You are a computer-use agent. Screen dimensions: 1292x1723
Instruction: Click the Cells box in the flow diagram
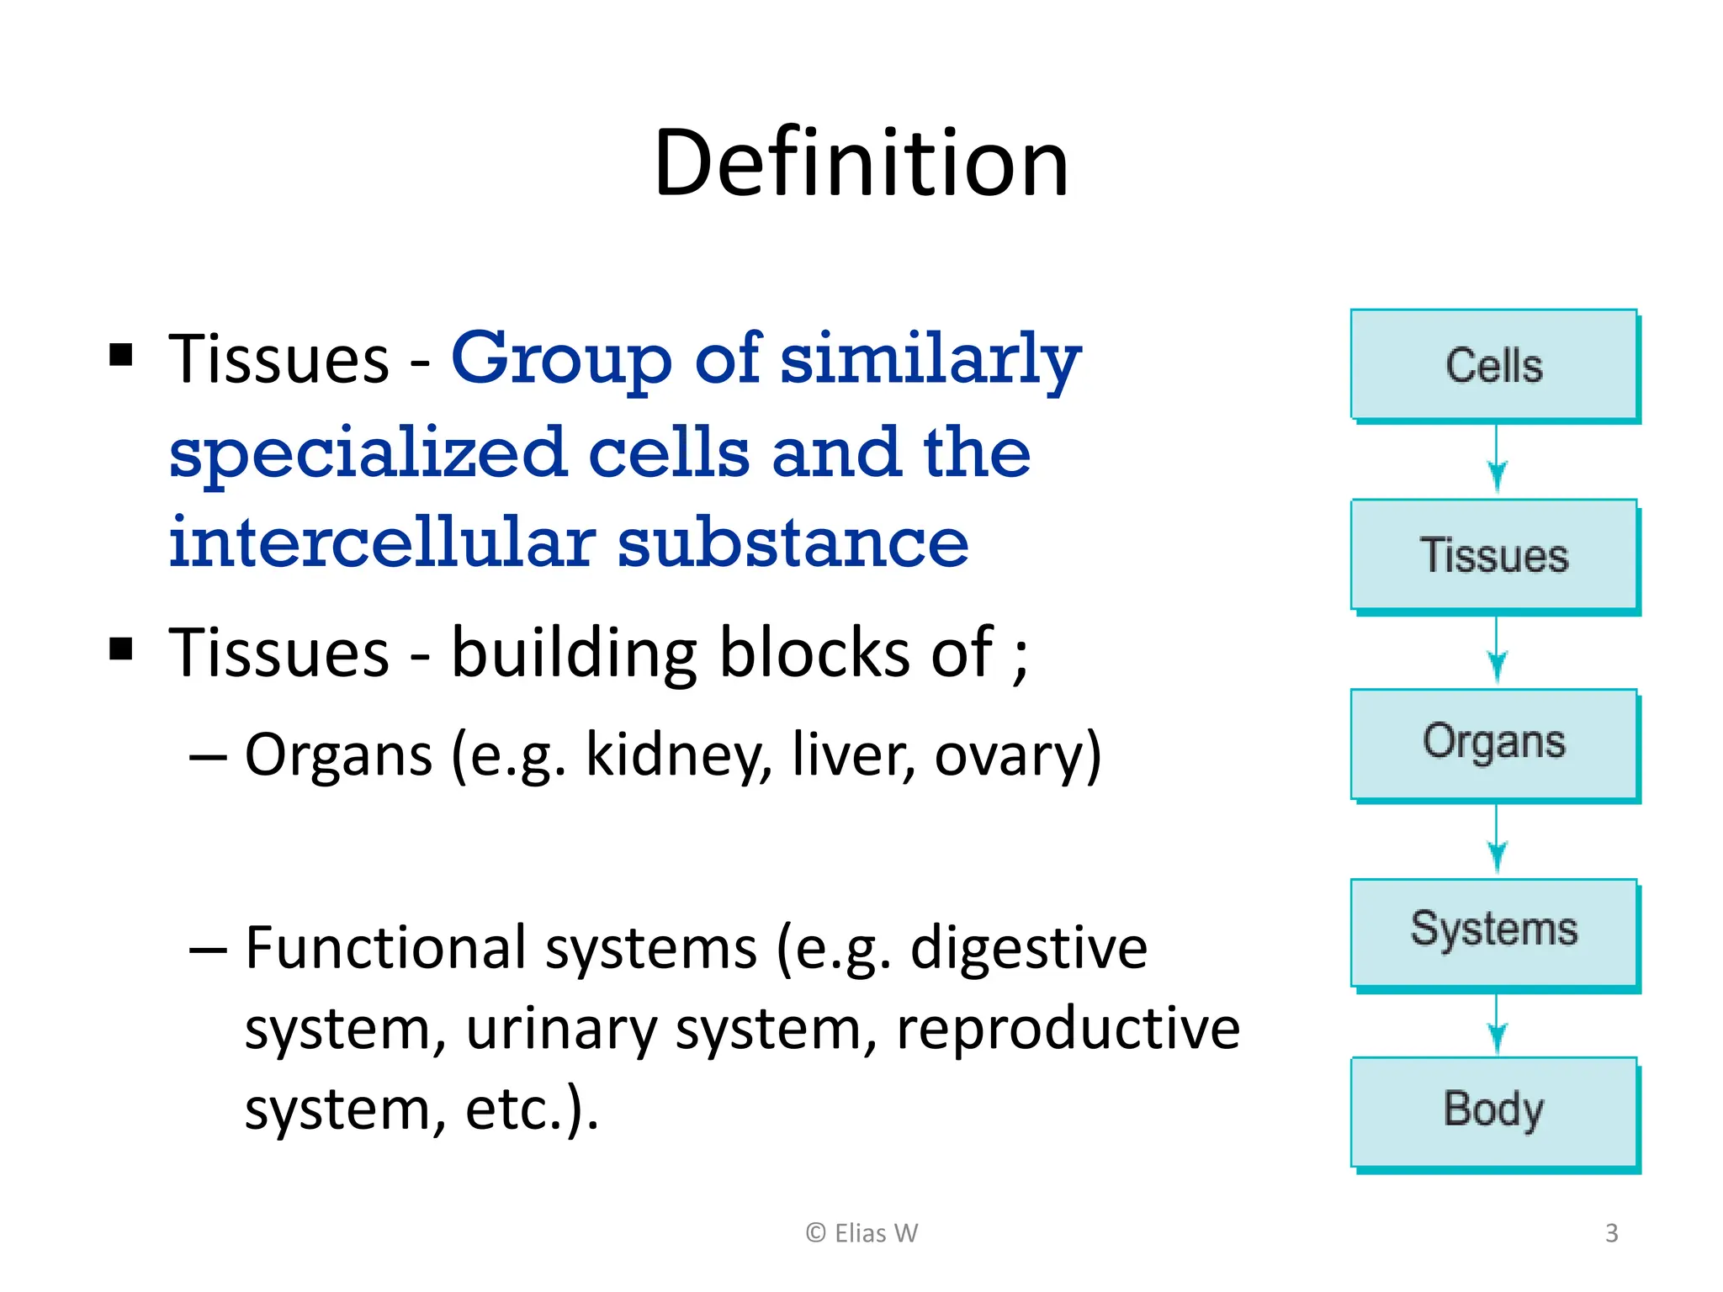click(x=1493, y=365)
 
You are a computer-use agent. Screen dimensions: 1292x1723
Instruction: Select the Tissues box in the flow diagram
click(x=1493, y=555)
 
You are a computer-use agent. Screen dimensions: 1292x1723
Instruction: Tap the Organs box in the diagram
click(x=1493, y=744)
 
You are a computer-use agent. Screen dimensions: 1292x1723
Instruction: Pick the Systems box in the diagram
click(x=1493, y=930)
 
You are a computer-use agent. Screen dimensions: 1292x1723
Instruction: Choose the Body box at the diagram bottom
click(x=1493, y=1110)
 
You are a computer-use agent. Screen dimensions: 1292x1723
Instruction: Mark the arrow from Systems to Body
click(x=1496, y=1025)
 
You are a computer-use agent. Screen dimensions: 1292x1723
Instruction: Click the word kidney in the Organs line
click(x=678, y=755)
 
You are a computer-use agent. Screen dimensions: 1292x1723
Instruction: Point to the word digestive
click(x=1028, y=948)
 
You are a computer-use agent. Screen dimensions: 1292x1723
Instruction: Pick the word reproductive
click(x=1067, y=1029)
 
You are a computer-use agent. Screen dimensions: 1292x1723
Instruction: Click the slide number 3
click(x=1611, y=1233)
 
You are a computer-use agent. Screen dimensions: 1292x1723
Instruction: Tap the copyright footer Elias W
click(x=861, y=1233)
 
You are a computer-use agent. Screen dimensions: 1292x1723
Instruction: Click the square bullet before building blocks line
click(x=121, y=649)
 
